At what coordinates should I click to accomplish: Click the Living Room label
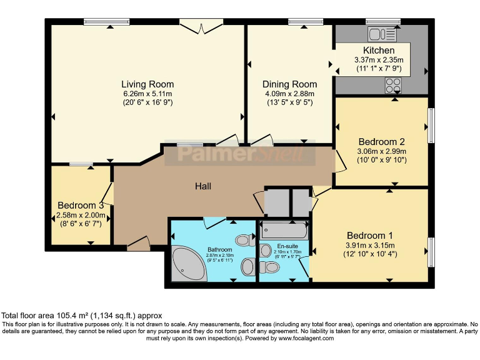147,84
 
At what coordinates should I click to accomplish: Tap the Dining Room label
289,84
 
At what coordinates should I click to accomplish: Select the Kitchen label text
379,51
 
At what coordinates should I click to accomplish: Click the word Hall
203,186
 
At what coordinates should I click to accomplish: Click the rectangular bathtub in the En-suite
284,231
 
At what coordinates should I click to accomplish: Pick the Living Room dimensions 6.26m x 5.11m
147,94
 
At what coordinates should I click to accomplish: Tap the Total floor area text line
81,316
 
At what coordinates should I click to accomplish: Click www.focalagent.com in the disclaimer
303,338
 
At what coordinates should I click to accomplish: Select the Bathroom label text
220,249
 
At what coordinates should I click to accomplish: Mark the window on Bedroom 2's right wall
431,125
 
